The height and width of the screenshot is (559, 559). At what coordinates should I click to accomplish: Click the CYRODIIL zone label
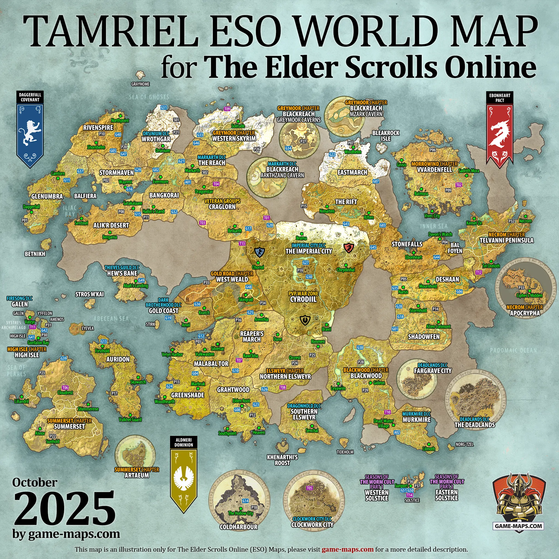tap(303, 299)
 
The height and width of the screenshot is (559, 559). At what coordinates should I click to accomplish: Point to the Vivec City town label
tap(432, 216)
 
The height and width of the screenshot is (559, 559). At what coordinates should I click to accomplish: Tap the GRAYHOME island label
tap(140, 84)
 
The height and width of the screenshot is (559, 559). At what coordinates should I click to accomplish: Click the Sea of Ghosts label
tap(149, 97)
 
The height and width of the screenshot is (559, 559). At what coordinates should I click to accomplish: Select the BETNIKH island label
tap(35, 254)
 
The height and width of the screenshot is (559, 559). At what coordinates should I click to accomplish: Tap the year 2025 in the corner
tap(64, 509)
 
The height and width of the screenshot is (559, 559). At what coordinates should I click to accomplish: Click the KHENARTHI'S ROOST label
tap(282, 460)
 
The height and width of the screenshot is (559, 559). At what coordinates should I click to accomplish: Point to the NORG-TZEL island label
tap(464, 444)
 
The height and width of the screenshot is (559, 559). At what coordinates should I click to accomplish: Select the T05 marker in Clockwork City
tap(310, 488)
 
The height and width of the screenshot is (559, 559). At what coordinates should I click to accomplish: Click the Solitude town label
tap(238, 126)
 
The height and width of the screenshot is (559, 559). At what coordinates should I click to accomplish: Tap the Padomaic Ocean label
tap(513, 350)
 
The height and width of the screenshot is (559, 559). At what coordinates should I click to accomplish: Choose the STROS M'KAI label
tap(90, 294)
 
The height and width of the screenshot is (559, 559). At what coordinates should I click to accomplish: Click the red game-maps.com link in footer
tap(347, 549)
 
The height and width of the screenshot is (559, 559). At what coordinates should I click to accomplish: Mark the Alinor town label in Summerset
tap(40, 433)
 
